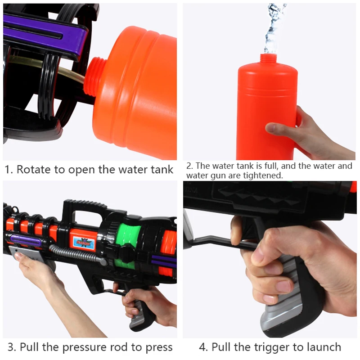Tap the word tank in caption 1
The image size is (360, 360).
[x=162, y=170]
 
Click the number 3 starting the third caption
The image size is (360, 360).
[x=11, y=347]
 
